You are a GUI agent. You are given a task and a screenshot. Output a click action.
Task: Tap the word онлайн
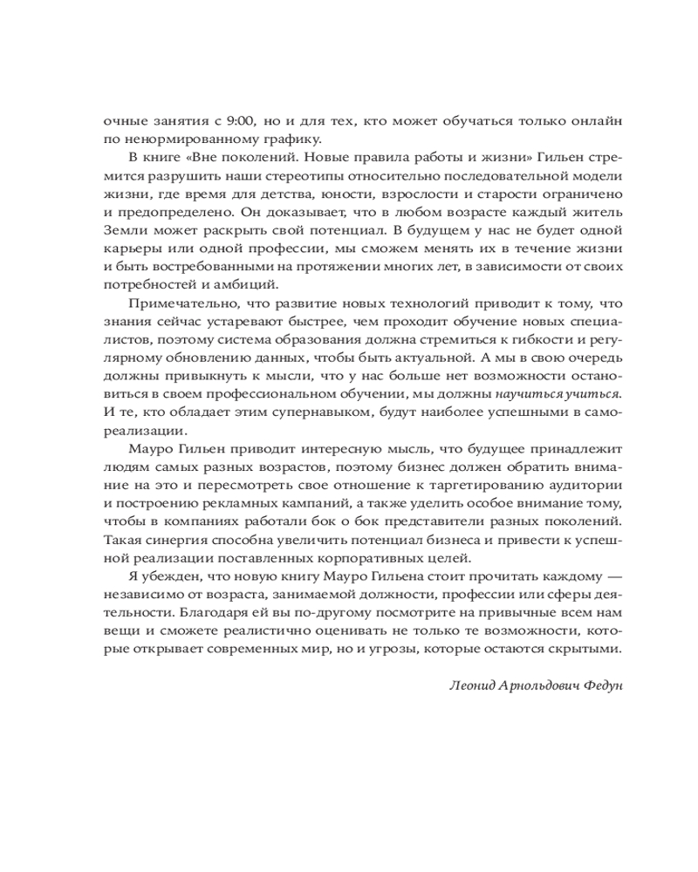pos(599,120)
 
